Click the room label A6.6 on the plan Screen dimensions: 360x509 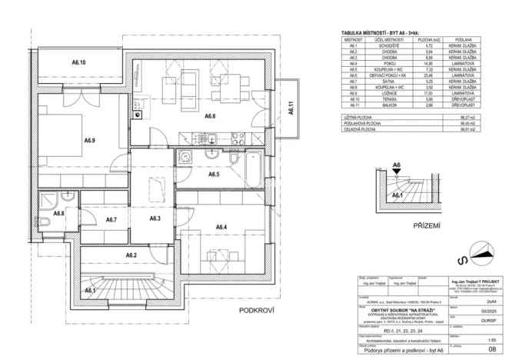pyautogui.click(x=209, y=116)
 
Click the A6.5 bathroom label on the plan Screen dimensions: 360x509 pyautogui.click(x=215, y=175)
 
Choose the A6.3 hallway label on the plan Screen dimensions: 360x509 pyautogui.click(x=155, y=219)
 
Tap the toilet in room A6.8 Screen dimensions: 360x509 pyautogui.click(x=45, y=223)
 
